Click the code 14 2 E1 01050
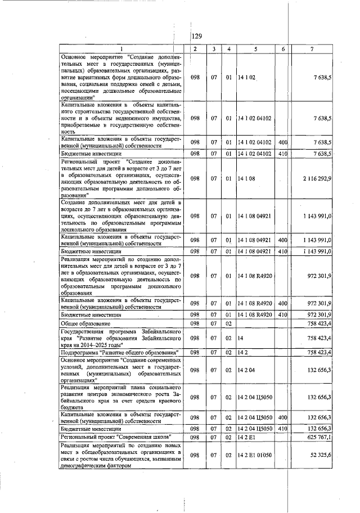[257, 454]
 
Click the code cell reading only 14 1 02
[246, 77]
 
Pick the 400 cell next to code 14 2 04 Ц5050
[283, 417]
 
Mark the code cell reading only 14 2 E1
[246, 436]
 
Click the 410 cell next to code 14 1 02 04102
[283, 153]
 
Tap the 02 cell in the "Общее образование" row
[229, 324]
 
